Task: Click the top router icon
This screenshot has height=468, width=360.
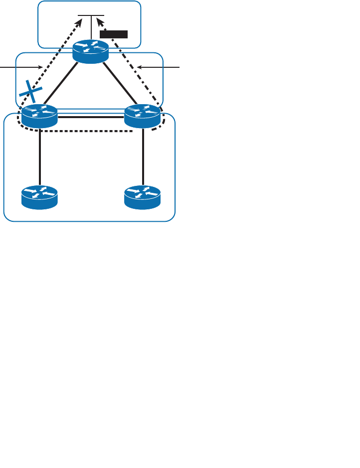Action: (90, 51)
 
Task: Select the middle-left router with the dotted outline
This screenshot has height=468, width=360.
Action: (40, 116)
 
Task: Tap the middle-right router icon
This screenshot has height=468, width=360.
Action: (143, 116)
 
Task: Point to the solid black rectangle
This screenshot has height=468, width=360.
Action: (114, 34)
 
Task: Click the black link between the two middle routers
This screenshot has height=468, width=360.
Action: (91, 118)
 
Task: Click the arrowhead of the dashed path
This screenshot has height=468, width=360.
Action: (80, 21)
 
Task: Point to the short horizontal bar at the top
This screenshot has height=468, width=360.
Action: (90, 15)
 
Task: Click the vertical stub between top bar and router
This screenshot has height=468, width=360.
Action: (91, 27)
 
